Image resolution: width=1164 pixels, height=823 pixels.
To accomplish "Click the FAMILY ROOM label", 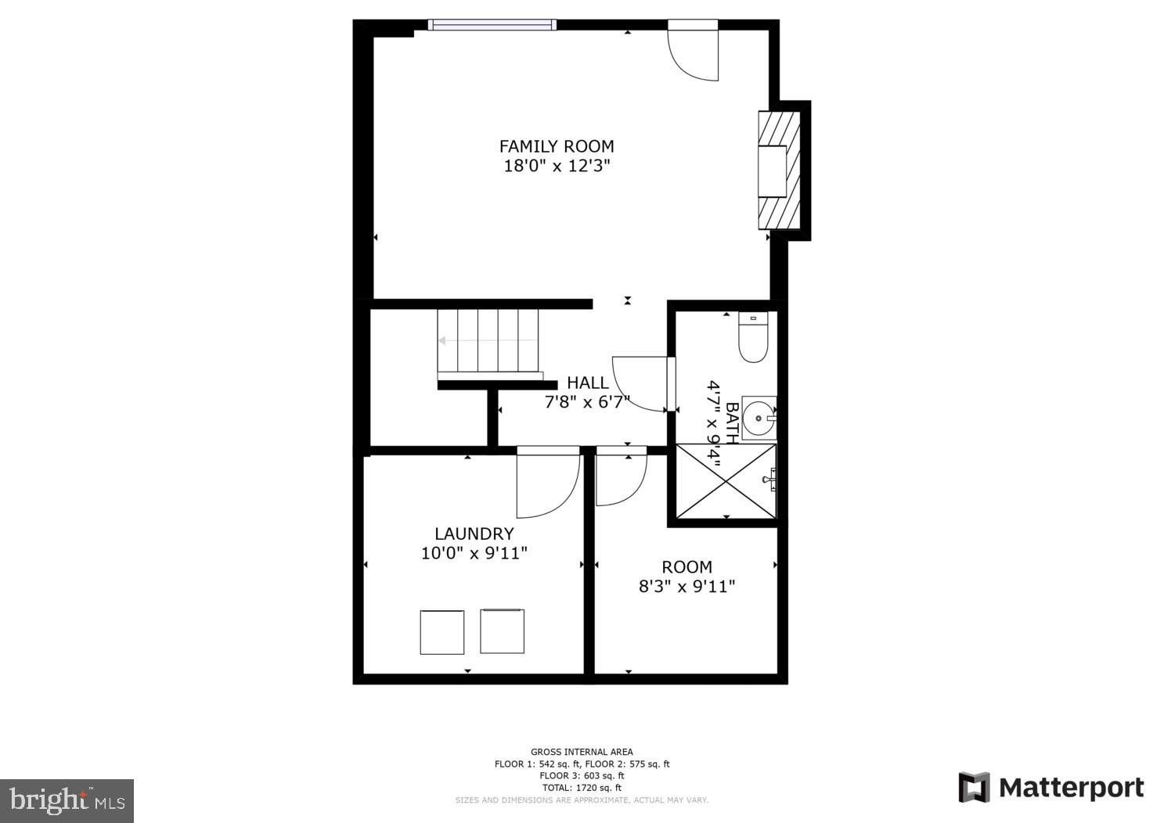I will (x=557, y=146).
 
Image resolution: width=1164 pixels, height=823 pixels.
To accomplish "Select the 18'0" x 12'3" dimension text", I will (x=557, y=166).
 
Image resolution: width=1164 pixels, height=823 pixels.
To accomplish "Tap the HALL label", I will (x=587, y=383).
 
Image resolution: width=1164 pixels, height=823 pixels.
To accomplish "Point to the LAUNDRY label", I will (x=474, y=534).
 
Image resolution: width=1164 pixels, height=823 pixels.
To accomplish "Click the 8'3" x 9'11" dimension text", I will (x=687, y=586).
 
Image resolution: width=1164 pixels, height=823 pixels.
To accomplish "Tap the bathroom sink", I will (x=759, y=418).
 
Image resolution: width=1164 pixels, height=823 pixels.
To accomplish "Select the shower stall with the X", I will (x=726, y=480).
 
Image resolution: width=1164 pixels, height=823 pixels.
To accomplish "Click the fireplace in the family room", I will (x=779, y=171).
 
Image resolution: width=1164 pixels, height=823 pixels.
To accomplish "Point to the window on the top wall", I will (x=492, y=25).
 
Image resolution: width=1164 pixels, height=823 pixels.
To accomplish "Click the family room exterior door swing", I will (x=694, y=53).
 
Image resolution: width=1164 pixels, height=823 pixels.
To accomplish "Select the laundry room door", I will (x=547, y=483).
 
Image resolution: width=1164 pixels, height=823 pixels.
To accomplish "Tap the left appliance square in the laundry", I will (x=442, y=632).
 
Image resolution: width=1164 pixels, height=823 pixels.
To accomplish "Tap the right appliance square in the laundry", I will (x=502, y=631).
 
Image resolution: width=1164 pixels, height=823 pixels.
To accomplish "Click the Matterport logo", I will (x=1050, y=787).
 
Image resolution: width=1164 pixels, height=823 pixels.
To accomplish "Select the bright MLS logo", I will (x=67, y=800).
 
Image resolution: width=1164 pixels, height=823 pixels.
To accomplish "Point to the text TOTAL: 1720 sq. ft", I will (x=582, y=788).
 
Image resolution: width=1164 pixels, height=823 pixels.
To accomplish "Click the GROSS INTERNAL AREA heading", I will (x=582, y=752).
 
